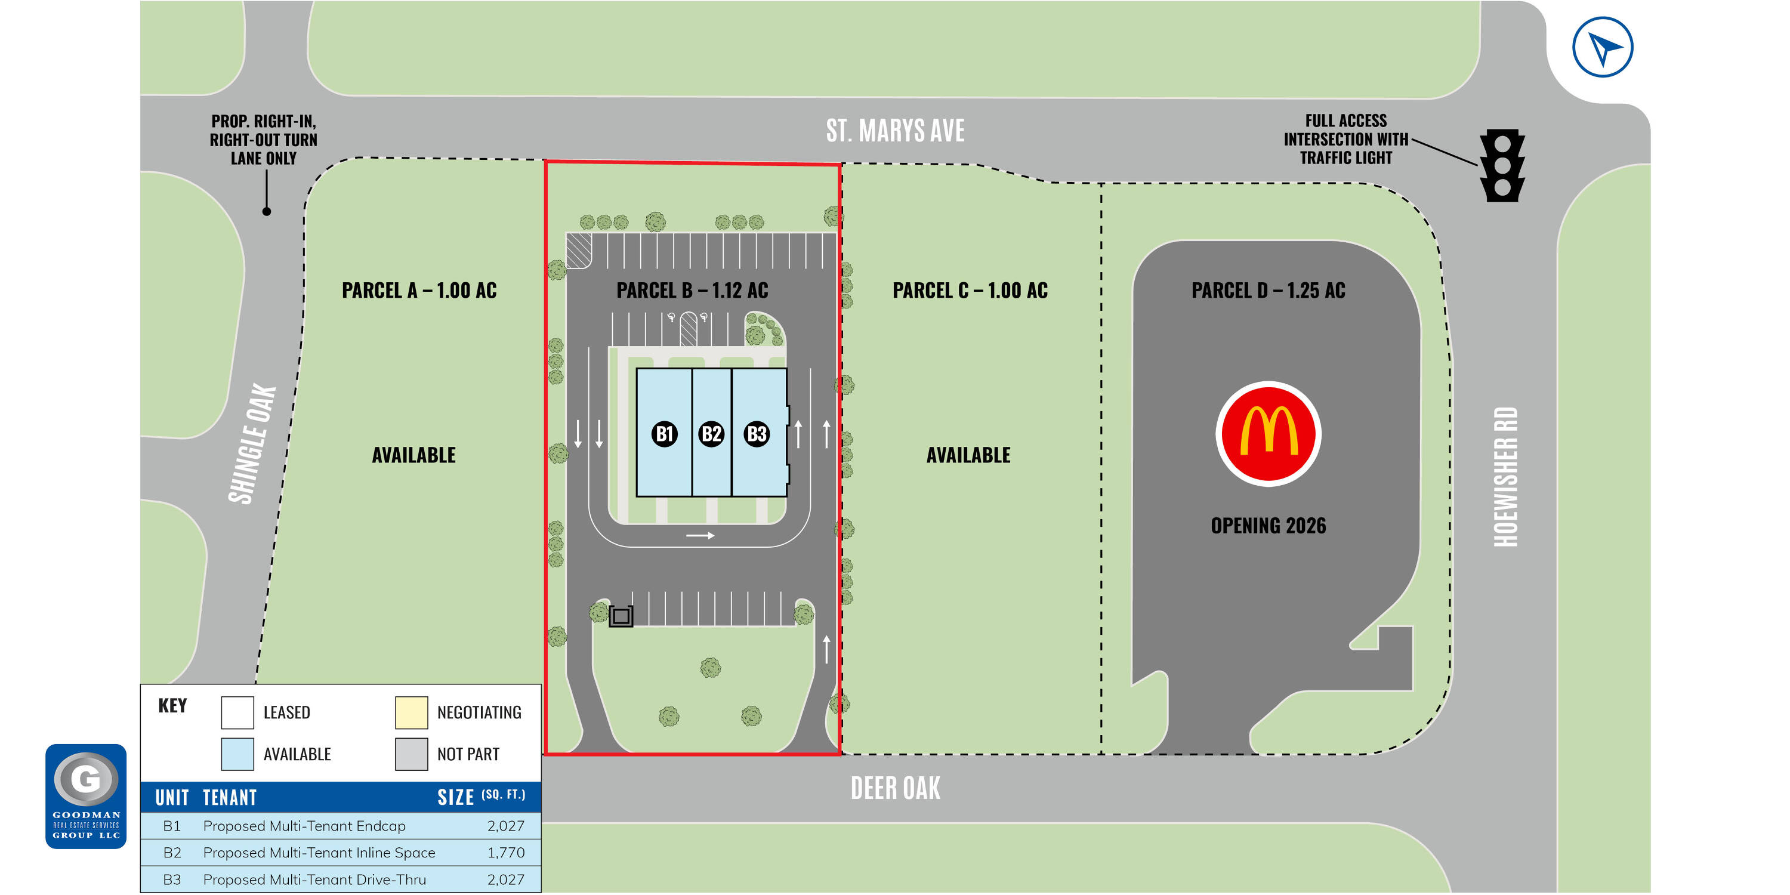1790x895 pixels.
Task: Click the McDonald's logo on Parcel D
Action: (x=1269, y=434)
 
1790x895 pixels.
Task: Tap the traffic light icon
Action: (x=1502, y=165)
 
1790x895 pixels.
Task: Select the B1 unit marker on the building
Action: (x=664, y=434)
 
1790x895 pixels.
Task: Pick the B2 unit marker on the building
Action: (x=711, y=434)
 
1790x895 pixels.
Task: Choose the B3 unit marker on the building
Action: (x=757, y=434)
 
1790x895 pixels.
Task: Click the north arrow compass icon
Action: (x=1603, y=47)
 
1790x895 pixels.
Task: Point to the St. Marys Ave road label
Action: (x=895, y=131)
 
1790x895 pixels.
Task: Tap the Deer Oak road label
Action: (x=895, y=788)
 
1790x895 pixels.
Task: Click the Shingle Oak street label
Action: (x=252, y=444)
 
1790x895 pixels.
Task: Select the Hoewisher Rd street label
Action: (x=1506, y=477)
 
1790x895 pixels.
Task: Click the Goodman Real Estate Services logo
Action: (x=86, y=797)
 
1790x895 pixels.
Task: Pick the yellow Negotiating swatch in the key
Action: (x=411, y=713)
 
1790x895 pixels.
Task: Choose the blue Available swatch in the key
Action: (x=237, y=754)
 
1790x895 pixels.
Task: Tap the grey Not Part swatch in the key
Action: (x=411, y=754)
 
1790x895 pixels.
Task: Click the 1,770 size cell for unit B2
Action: (x=506, y=853)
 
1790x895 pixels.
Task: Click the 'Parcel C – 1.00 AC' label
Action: (x=970, y=291)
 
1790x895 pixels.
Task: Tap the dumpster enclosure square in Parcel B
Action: (x=621, y=616)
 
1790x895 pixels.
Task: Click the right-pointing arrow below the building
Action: (x=700, y=536)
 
